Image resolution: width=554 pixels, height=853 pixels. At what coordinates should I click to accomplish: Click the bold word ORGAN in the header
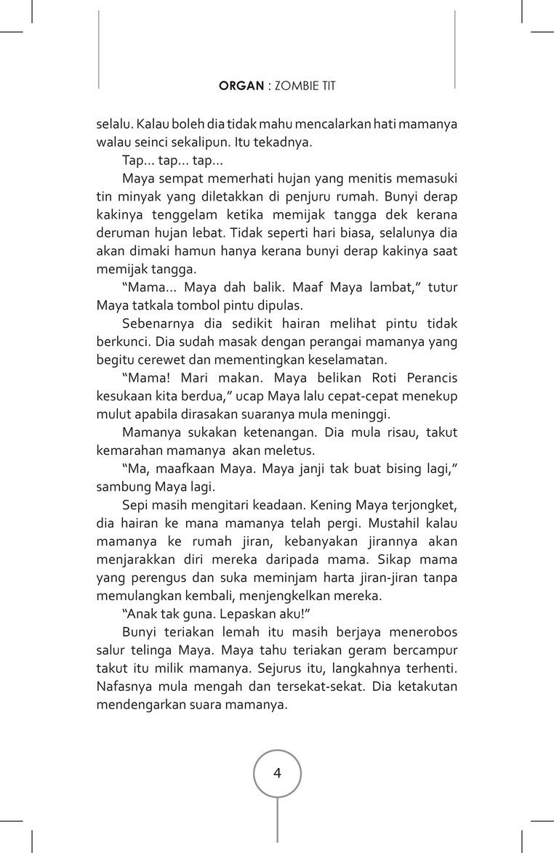coord(241,86)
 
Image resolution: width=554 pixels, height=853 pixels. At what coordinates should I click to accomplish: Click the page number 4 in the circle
coord(277,772)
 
